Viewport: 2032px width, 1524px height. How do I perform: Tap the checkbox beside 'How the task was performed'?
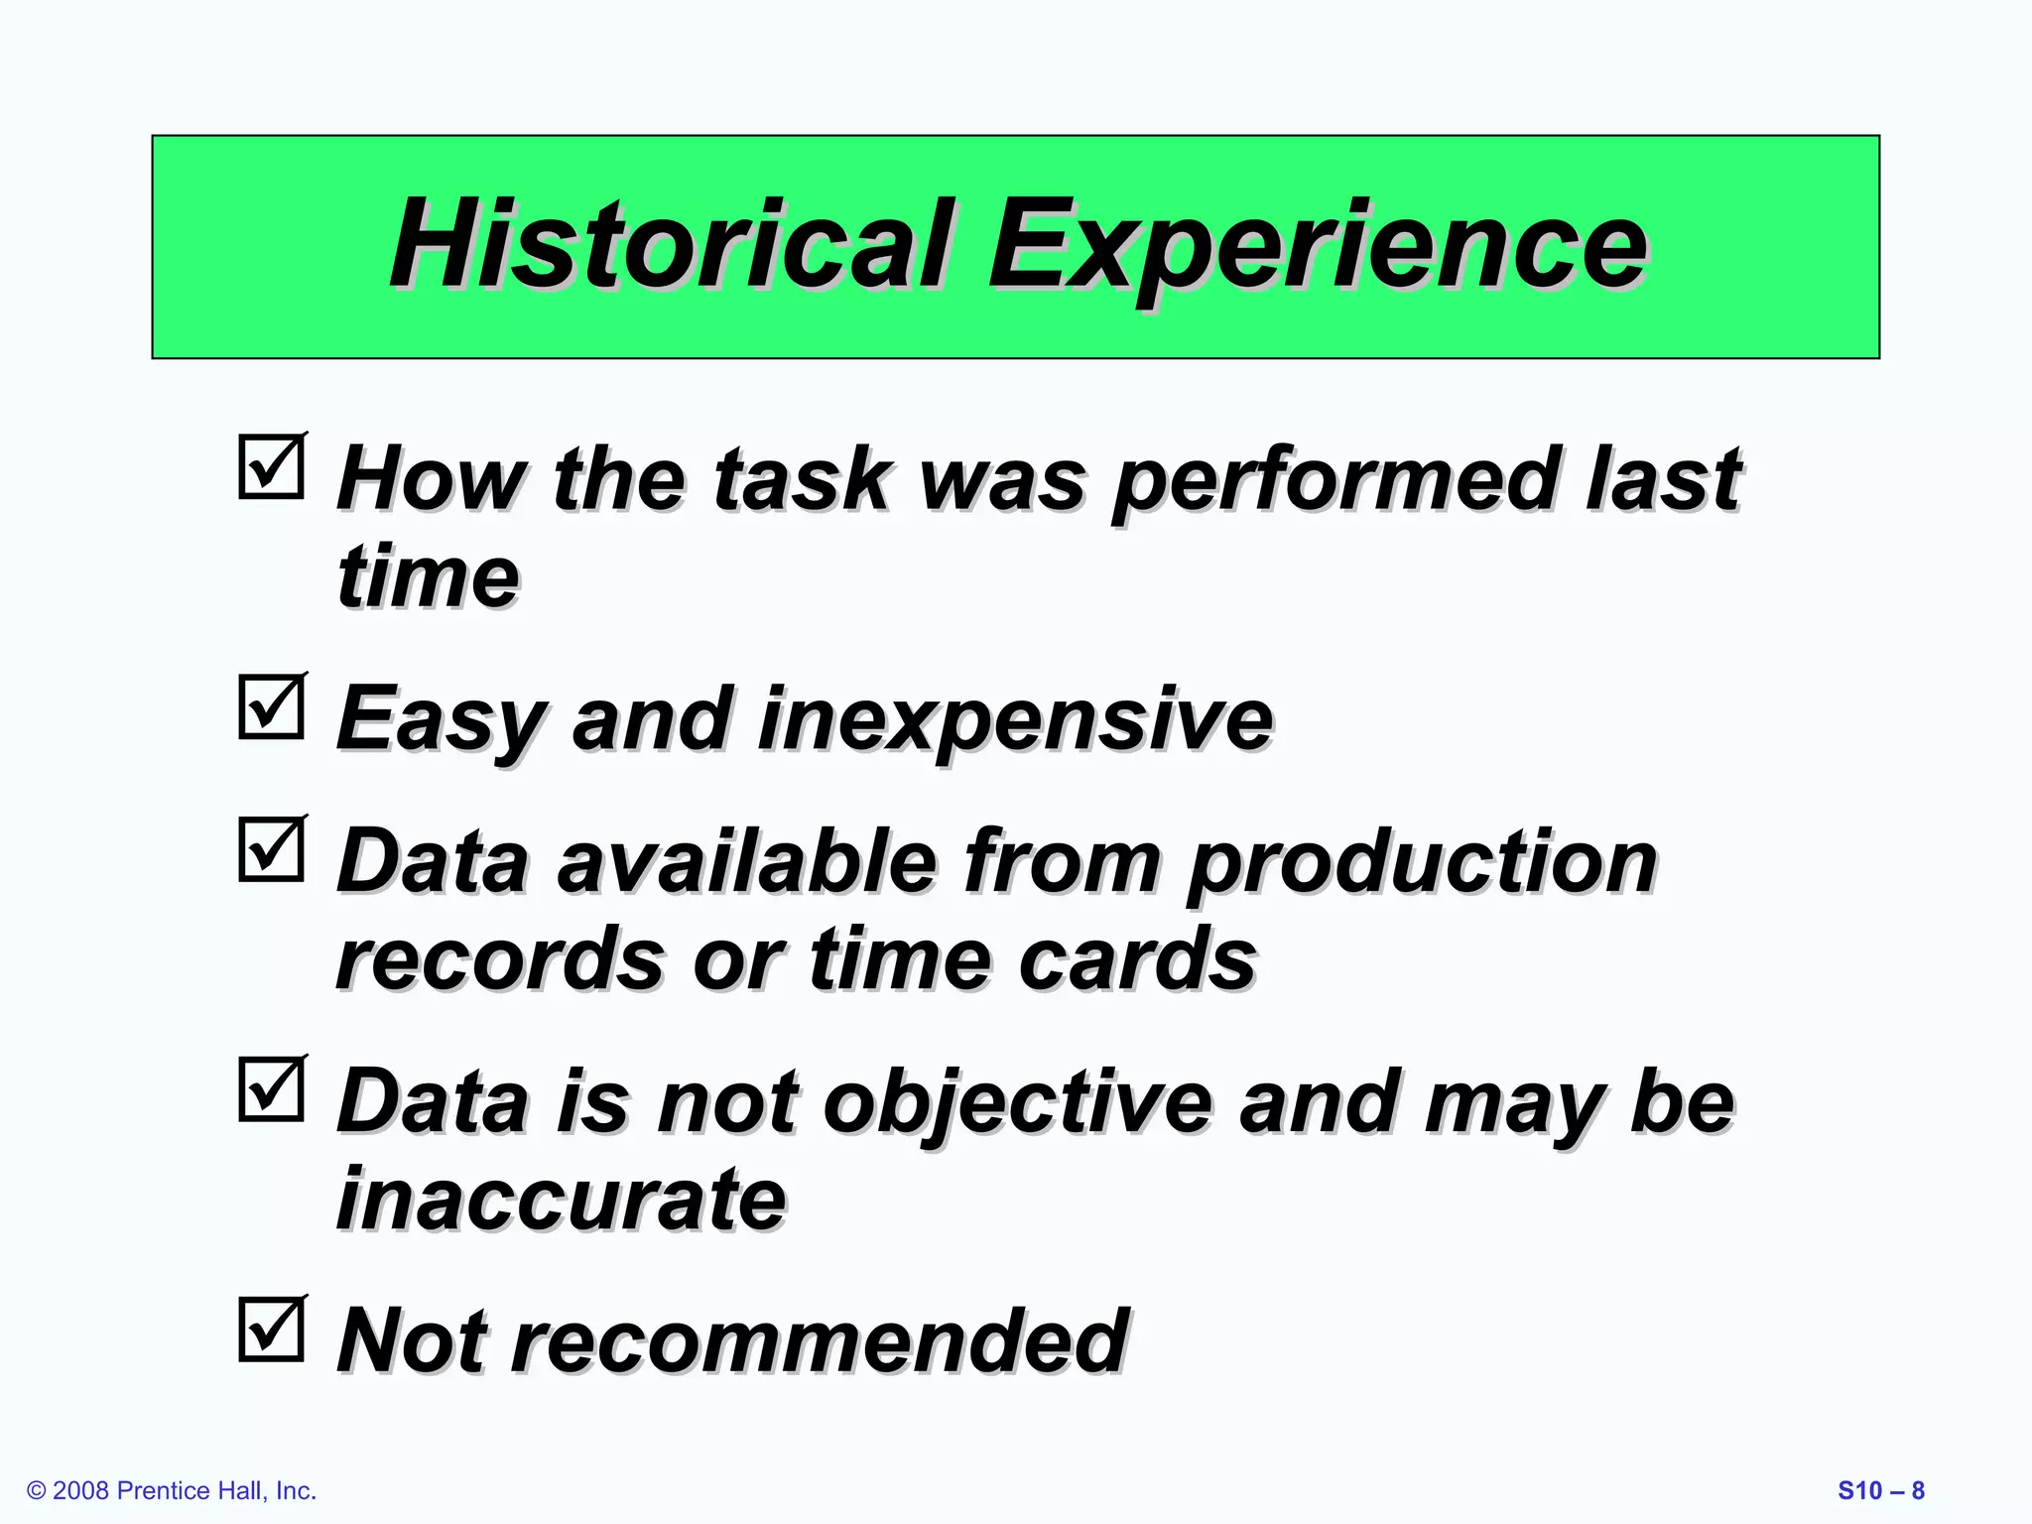point(271,466)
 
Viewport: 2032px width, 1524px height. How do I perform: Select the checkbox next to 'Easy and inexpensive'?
point(271,706)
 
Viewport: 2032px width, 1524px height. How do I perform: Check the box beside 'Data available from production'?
point(271,849)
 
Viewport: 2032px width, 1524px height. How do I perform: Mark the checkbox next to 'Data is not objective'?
point(271,1089)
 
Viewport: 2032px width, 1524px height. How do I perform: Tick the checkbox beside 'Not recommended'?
point(271,1330)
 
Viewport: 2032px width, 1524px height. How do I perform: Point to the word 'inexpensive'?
point(1014,721)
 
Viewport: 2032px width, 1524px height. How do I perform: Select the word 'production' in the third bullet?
point(1421,864)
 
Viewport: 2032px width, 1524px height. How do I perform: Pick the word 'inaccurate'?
point(562,1200)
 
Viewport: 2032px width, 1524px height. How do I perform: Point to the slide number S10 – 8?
point(1880,1490)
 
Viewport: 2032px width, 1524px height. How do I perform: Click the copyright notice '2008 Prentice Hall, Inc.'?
point(173,1490)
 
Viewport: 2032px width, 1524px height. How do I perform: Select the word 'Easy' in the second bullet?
point(441,721)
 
